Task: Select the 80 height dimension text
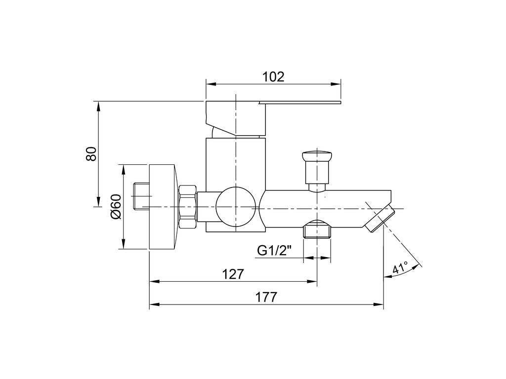pyautogui.click(x=91, y=154)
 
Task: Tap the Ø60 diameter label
pyautogui.click(x=115, y=207)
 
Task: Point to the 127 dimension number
pyautogui.click(x=233, y=274)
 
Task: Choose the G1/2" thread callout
pyautogui.click(x=274, y=250)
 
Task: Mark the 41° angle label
pyautogui.click(x=400, y=267)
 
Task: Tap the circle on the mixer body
pyautogui.click(x=237, y=208)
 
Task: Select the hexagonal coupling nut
pyautogui.click(x=188, y=207)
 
